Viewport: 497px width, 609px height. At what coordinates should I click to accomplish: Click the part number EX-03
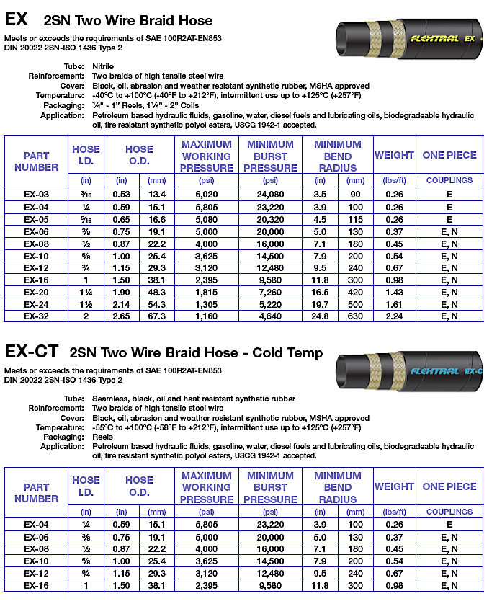pyautogui.click(x=36, y=195)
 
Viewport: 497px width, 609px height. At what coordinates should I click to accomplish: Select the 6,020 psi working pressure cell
pyautogui.click(x=207, y=195)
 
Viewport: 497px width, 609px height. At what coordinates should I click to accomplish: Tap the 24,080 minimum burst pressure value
pyautogui.click(x=270, y=195)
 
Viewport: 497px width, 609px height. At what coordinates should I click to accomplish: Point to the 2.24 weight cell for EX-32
pyautogui.click(x=394, y=316)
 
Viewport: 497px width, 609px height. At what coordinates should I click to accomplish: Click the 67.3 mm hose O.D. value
pyautogui.click(x=157, y=316)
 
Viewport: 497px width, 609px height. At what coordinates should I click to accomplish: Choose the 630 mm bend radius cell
pyautogui.click(x=356, y=316)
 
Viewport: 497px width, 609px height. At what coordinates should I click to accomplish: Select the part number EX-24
pyautogui.click(x=36, y=303)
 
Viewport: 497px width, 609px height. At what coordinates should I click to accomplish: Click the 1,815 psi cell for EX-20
pyautogui.click(x=207, y=292)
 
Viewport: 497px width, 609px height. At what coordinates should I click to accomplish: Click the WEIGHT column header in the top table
pyautogui.click(x=394, y=155)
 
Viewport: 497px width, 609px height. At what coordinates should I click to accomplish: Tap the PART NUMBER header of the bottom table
pyautogui.click(x=36, y=493)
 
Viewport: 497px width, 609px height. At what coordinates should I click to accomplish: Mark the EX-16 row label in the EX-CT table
pyautogui.click(x=36, y=586)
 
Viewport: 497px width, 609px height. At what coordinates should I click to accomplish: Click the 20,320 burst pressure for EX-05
pyautogui.click(x=270, y=219)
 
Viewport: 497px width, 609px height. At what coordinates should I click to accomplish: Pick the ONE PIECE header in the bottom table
pyautogui.click(x=449, y=487)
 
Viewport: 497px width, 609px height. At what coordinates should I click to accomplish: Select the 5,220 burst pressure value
pyautogui.click(x=270, y=303)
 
